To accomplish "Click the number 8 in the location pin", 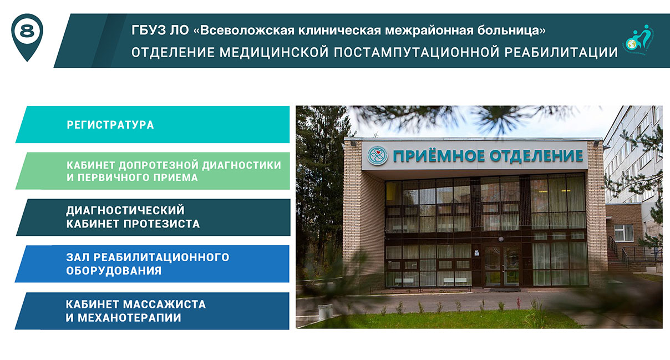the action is tap(27, 32).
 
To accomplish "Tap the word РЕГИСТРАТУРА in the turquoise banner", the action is tap(110, 125).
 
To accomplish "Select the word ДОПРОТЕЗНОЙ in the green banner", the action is tap(159, 165).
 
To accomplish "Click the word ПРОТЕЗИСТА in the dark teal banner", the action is tap(162, 224).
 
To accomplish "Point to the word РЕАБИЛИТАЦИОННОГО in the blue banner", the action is tap(161, 257).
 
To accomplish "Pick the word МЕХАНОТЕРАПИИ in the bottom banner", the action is tap(130, 318).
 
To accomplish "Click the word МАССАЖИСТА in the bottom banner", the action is tap(165, 305).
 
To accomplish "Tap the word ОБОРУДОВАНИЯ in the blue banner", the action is tap(114, 271).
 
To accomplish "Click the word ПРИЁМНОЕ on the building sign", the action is tap(439, 156).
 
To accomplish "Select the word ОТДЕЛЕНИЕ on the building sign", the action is tap(536, 156).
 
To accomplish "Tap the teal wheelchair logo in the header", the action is tap(639, 40).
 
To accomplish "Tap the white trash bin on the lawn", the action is tap(325, 312).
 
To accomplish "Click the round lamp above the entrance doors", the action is tap(501, 239).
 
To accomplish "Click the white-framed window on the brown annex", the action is tap(623, 232).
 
